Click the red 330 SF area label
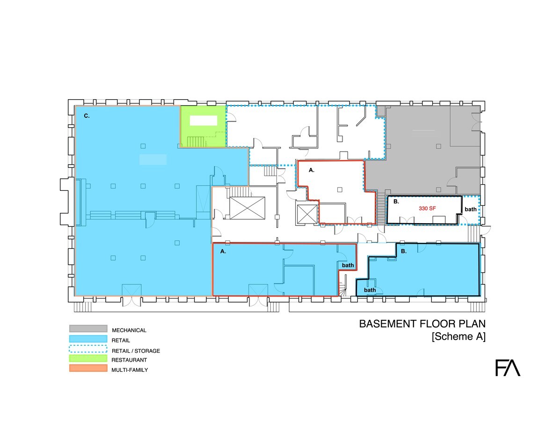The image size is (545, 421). coord(427,208)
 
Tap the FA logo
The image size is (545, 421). coord(508,368)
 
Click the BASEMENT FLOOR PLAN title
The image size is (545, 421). coord(422,324)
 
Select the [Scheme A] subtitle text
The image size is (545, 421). coord(458,336)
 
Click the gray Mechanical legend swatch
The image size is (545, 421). coord(88,328)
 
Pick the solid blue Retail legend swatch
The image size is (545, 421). coord(88,339)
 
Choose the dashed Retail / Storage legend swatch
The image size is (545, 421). coord(88,348)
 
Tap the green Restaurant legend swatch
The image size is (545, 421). coord(88,358)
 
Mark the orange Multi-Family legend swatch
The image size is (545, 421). coord(88,368)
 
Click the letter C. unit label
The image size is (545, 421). coord(87,116)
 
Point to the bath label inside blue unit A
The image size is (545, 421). coord(348,265)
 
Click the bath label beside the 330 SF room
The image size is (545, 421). coord(471,209)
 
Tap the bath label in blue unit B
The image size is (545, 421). coord(370,290)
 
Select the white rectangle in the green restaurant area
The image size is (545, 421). coord(203,121)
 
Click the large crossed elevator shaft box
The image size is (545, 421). coord(247,208)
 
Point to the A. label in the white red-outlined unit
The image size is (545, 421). coord(312,170)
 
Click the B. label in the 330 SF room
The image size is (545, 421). coord(396,202)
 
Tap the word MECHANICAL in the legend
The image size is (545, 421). coord(129,330)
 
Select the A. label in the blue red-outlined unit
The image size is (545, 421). coord(223,251)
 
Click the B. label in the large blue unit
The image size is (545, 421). coord(404,251)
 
